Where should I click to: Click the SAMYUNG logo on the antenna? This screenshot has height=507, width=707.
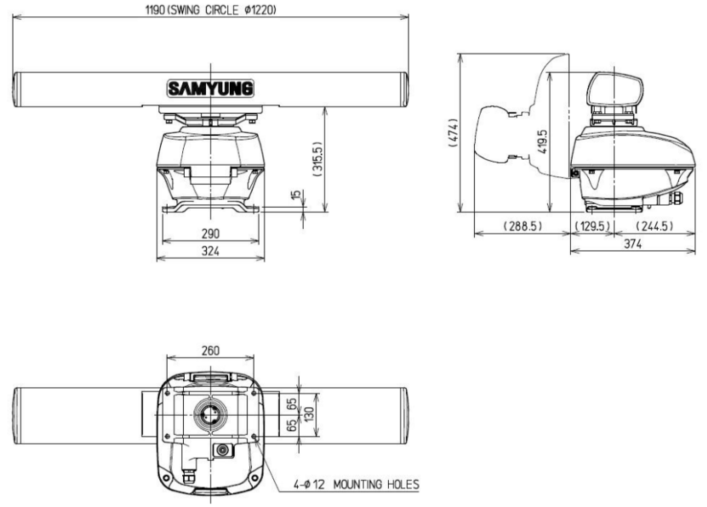point(210,88)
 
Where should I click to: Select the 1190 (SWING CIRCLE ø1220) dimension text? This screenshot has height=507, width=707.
point(210,10)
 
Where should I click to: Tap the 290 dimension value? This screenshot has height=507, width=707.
point(210,233)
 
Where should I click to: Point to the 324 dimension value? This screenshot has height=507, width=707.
point(210,251)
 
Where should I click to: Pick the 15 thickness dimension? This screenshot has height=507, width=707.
point(296,195)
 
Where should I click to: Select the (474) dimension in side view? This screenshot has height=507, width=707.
point(453,133)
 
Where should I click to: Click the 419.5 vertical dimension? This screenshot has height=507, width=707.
point(543,142)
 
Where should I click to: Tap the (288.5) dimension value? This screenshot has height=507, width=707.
point(522,225)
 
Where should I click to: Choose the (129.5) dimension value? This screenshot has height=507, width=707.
point(593,225)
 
